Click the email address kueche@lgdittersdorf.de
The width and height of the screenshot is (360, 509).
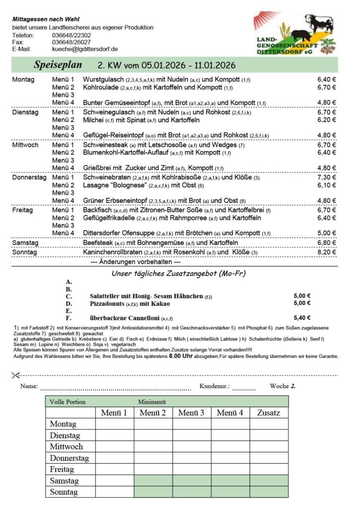pyautogui.click(x=85, y=49)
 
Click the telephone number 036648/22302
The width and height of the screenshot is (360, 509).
pyautogui.click(x=71, y=35)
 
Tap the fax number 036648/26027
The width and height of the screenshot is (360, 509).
pyautogui.click(x=71, y=42)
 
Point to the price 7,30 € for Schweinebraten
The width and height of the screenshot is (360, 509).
pyautogui.click(x=327, y=177)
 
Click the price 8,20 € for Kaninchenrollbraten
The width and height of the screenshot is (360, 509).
pyautogui.click(x=327, y=253)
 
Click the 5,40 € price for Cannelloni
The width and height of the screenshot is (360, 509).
pyautogui.click(x=302, y=318)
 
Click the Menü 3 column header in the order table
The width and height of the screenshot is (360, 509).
pyautogui.click(x=192, y=413)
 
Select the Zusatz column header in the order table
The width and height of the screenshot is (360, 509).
pyautogui.click(x=269, y=413)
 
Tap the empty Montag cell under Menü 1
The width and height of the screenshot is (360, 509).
pyautogui.click(x=114, y=424)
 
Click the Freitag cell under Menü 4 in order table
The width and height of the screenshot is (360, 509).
pyautogui.click(x=230, y=469)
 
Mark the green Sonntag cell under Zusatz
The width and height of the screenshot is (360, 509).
pyautogui.click(x=269, y=492)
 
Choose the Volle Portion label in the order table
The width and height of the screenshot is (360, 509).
pyautogui.click(x=68, y=402)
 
